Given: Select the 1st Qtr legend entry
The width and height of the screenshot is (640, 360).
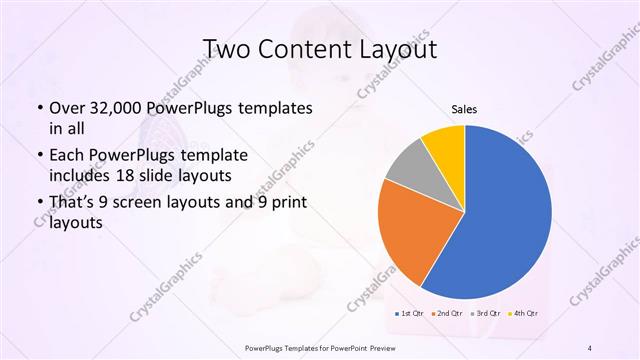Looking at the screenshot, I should [x=408, y=314].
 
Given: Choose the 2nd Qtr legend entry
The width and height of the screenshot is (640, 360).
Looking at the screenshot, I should [x=446, y=314].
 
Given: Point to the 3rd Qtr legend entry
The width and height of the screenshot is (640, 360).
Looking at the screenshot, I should [x=485, y=314].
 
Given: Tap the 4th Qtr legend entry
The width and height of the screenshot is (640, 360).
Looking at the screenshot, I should [x=524, y=314].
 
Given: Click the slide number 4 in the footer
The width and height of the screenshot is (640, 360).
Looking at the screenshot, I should [x=590, y=347].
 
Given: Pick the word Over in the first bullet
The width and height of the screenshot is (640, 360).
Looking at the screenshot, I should [x=66, y=107].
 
